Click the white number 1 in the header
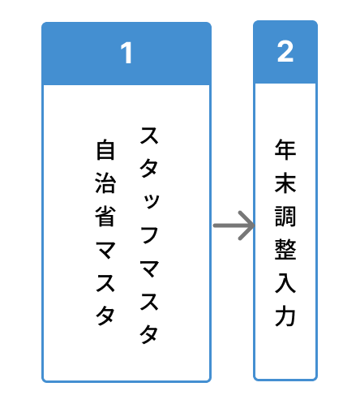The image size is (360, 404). pyautogui.click(x=126, y=53)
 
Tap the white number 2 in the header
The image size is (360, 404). pyautogui.click(x=285, y=51)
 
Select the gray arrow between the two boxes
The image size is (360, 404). pyautogui.click(x=234, y=226)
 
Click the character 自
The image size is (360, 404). pyautogui.click(x=105, y=149)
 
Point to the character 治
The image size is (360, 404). pyautogui.click(x=105, y=183)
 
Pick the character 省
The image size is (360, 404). pyautogui.click(x=105, y=216)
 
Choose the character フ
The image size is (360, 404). pyautogui.click(x=149, y=234)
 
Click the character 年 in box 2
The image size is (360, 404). pyautogui.click(x=285, y=149)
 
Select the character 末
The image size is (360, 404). pyautogui.click(x=285, y=183)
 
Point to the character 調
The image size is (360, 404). pyautogui.click(x=285, y=216)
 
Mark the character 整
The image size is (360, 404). pyautogui.click(x=285, y=249)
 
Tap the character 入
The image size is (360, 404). pyautogui.click(x=285, y=282)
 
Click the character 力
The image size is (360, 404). pyautogui.click(x=285, y=316)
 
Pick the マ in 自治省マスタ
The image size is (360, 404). pyautogui.click(x=105, y=250)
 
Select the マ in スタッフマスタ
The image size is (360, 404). pyautogui.click(x=149, y=269)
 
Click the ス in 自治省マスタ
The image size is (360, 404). pyautogui.click(x=105, y=283)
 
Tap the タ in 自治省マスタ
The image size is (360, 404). pyautogui.click(x=105, y=316)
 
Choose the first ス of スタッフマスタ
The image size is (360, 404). pyautogui.click(x=149, y=135)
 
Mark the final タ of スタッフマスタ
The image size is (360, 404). pyautogui.click(x=149, y=334)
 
